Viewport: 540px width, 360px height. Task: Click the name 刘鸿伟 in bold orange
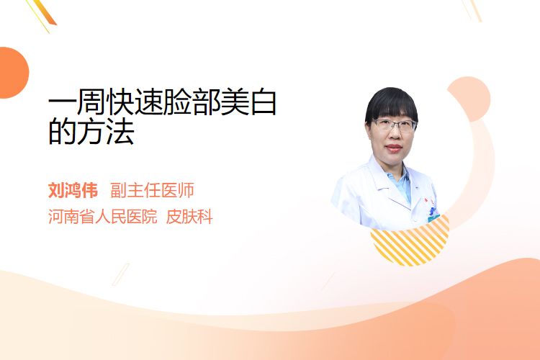click(x=73, y=190)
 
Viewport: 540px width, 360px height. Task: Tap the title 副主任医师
click(x=152, y=190)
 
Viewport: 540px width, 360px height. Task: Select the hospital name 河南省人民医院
click(x=103, y=217)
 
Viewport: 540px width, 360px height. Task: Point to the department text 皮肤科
click(x=189, y=217)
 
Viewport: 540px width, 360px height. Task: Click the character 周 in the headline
click(x=91, y=102)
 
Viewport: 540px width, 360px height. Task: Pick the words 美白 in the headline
click(x=248, y=102)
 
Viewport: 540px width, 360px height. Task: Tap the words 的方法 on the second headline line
click(x=91, y=131)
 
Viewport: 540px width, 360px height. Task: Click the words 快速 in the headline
click(x=135, y=102)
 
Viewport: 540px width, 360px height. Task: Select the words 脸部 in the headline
click(x=192, y=102)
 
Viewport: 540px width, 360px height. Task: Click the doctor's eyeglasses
click(x=393, y=125)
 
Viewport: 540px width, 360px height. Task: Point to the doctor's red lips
click(x=394, y=148)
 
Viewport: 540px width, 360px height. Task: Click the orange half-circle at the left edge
click(x=14, y=73)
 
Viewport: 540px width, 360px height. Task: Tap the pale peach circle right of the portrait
click(x=469, y=99)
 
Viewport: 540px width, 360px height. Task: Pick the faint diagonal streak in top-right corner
click(x=472, y=9)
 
